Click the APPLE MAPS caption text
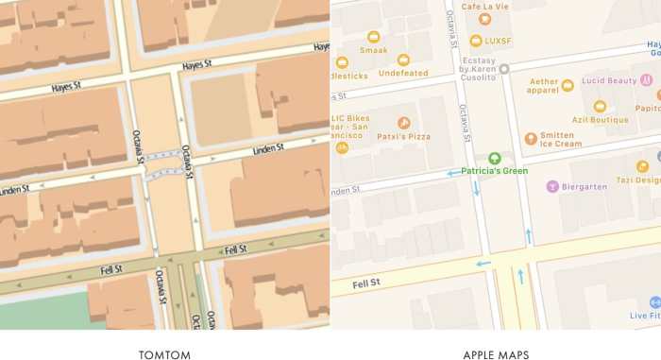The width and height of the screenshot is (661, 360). tap(495, 355)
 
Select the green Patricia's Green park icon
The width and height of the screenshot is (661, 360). tap(494, 158)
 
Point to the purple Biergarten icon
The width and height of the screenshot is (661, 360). tap(552, 186)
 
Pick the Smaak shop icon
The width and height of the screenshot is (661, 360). tap(374, 37)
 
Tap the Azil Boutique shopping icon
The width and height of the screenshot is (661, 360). tap(600, 106)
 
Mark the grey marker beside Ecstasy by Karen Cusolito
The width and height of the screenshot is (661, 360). tap(504, 68)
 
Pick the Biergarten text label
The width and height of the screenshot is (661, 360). tap(587, 186)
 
